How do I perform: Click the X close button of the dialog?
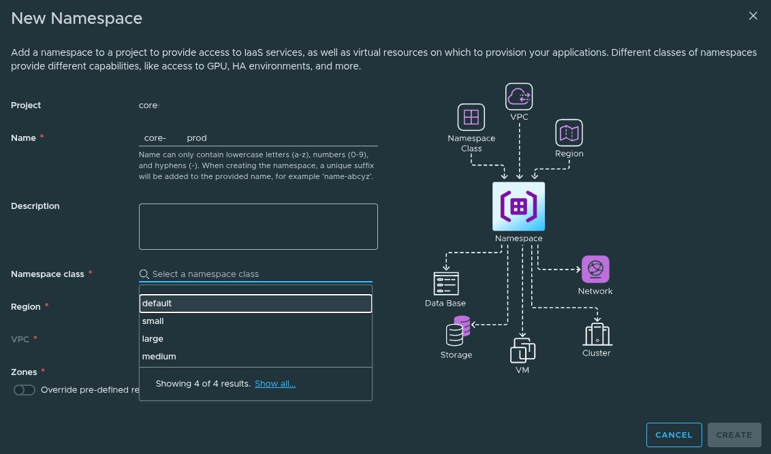click(753, 16)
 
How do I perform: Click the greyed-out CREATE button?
click(734, 435)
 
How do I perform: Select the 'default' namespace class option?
click(255, 304)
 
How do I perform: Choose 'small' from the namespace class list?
click(255, 321)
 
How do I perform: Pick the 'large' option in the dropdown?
click(255, 339)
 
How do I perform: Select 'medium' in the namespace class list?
click(255, 357)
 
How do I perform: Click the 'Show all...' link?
click(275, 384)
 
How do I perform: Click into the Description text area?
click(258, 227)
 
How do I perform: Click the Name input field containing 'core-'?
click(258, 137)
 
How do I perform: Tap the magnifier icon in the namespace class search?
click(144, 274)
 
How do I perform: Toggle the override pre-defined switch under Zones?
click(25, 390)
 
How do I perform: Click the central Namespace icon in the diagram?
click(518, 206)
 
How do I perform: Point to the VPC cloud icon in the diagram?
click(519, 97)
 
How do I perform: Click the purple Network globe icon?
click(595, 270)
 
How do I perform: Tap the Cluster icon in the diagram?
click(597, 334)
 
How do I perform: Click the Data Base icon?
click(446, 283)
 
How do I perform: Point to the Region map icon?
click(569, 133)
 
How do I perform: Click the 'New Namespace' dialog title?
click(77, 18)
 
